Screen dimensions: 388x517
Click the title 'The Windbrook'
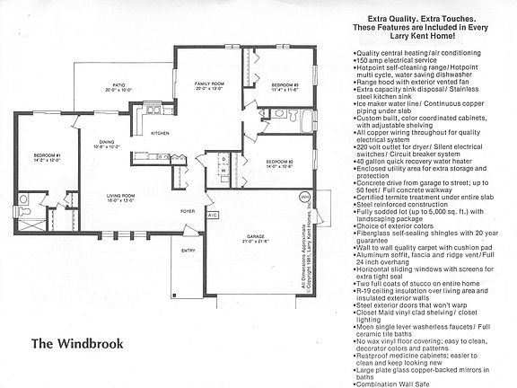tap(75, 318)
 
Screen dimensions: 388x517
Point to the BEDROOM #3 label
tap(285, 84)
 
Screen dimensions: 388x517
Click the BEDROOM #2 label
tap(280, 162)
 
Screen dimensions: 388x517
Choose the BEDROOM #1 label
tap(47, 156)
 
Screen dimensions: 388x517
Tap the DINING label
tap(107, 141)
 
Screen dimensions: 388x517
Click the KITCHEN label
tap(161, 133)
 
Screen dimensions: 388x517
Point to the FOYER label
tap(187, 211)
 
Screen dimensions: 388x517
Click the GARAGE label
tap(257, 237)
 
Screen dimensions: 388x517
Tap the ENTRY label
tap(188, 251)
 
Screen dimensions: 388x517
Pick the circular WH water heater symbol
tap(303, 195)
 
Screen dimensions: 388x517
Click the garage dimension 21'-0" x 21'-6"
tap(257, 242)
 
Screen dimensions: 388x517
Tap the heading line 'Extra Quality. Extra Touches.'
tap(422, 18)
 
